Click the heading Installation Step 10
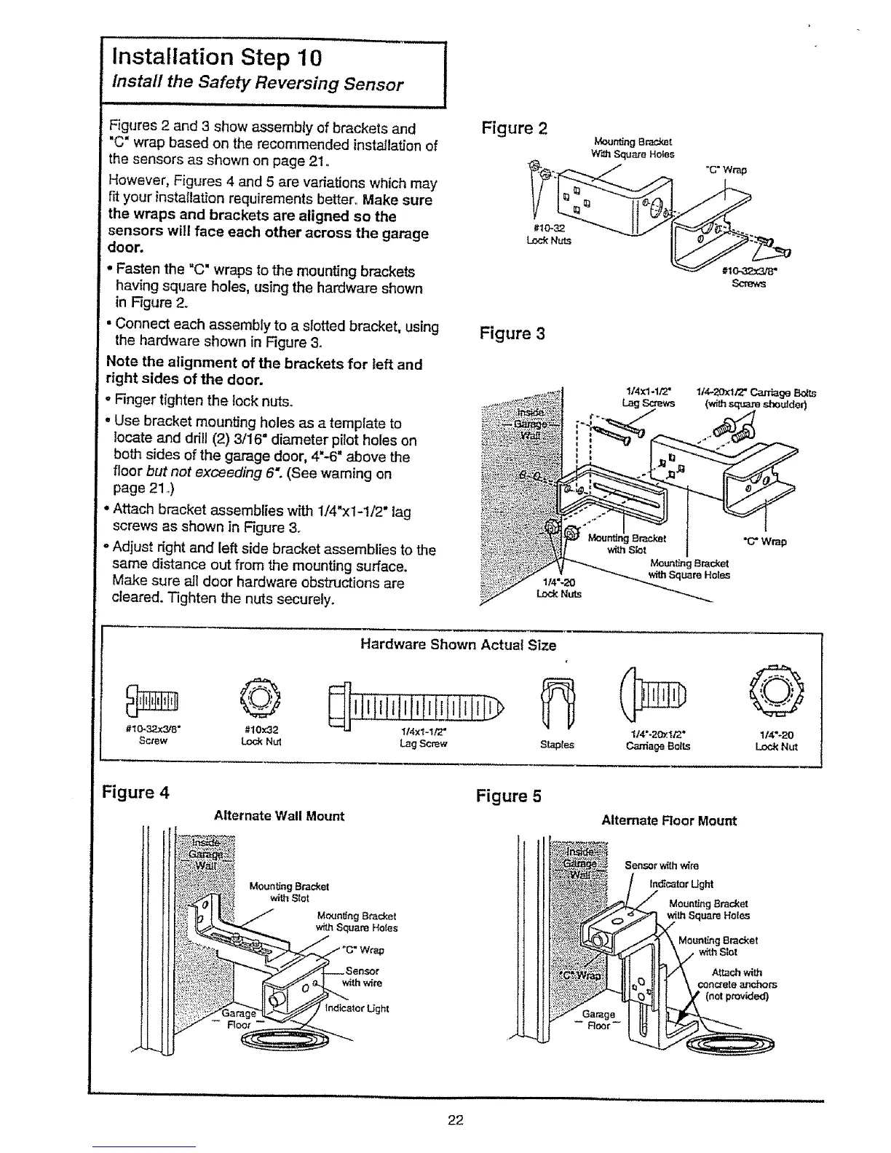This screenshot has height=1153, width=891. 216,57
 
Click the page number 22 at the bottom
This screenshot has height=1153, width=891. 456,1120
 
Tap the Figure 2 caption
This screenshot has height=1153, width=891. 515,129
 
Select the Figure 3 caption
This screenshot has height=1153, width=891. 512,334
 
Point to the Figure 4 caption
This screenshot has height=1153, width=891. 138,792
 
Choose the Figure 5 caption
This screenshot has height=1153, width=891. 509,796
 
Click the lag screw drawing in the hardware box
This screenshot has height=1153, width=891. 418,705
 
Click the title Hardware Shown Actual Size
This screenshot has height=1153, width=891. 458,645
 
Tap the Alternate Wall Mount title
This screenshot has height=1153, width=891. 279,816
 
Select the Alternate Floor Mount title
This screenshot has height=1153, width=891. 668,820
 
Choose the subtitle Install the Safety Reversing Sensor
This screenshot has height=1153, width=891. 257,84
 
